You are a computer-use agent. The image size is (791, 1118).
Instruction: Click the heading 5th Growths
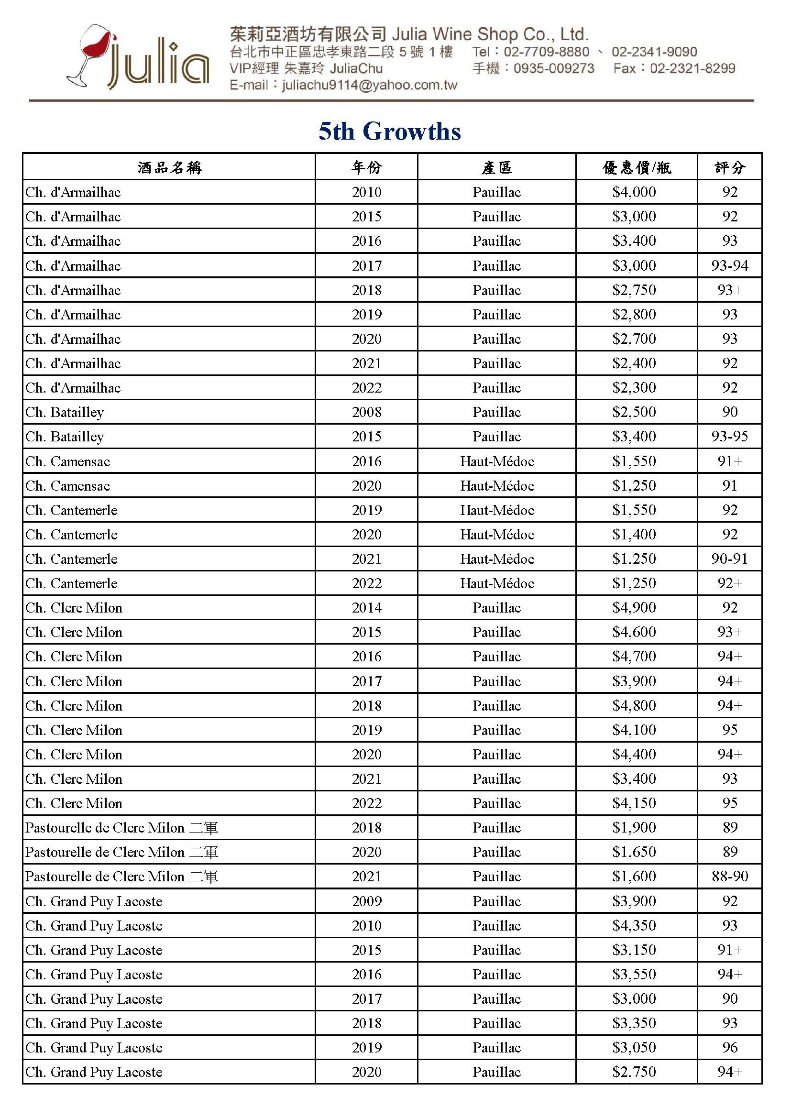[x=390, y=132]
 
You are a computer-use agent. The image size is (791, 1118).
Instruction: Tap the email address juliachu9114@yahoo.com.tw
[x=369, y=85]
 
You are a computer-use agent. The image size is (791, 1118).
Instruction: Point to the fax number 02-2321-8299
[x=692, y=68]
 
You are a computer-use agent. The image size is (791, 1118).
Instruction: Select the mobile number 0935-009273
[x=554, y=68]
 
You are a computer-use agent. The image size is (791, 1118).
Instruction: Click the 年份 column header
[x=366, y=167]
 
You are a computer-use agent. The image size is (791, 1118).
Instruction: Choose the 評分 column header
[x=729, y=167]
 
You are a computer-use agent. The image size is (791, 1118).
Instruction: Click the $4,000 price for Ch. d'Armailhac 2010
[x=634, y=192]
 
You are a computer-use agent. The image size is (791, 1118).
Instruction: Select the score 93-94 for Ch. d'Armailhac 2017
[x=729, y=265]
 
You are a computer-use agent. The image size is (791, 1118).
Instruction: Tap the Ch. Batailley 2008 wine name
[x=65, y=412]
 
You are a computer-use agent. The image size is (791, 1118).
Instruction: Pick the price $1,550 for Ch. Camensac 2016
[x=634, y=461]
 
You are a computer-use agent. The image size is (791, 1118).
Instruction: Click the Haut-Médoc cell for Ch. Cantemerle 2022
[x=497, y=583]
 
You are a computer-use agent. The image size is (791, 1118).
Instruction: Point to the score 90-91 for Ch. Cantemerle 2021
[x=729, y=559]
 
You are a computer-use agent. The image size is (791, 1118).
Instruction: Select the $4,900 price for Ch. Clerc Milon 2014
[x=634, y=608]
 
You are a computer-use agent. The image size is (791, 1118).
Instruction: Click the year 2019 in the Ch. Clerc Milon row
[x=366, y=730]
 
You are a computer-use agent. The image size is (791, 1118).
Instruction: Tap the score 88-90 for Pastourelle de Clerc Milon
[x=729, y=877]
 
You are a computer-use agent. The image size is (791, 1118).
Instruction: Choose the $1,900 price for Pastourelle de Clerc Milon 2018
[x=634, y=827]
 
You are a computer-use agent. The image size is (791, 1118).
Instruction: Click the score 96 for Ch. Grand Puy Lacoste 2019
[x=729, y=1047]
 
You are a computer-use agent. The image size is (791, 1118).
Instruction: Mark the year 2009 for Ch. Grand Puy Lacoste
[x=366, y=901]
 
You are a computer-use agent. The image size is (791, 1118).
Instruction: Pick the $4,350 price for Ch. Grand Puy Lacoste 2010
[x=634, y=925]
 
